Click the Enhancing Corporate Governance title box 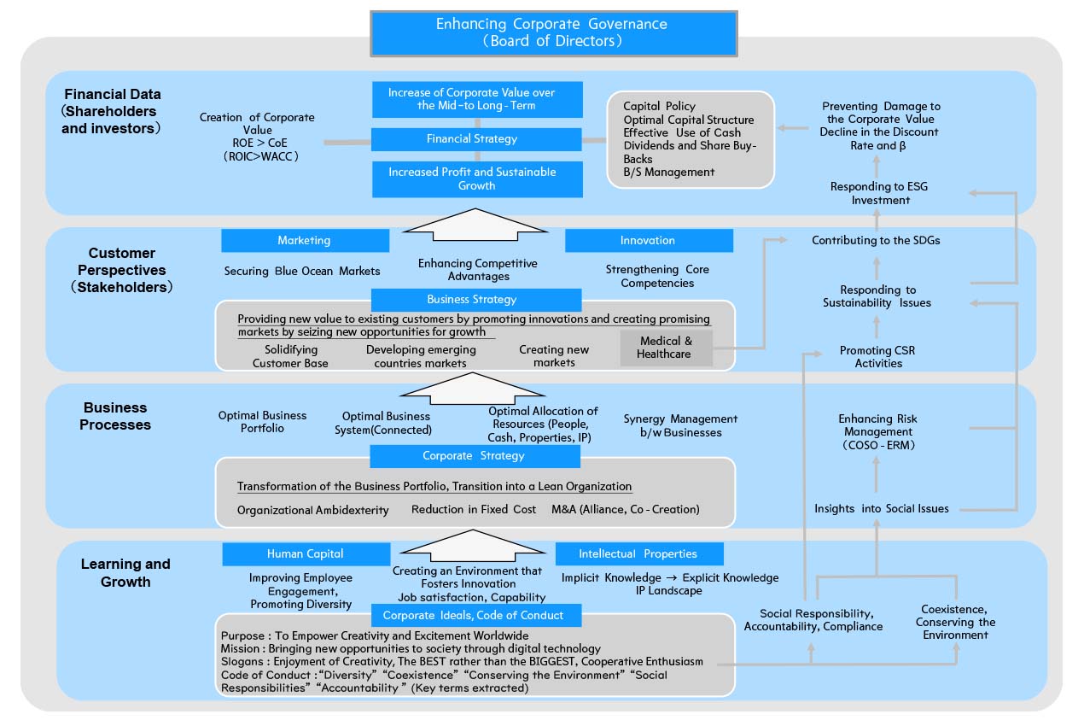[x=553, y=32]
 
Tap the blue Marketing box [x=304, y=241]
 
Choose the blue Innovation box [x=648, y=241]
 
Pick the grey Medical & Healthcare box [x=665, y=348]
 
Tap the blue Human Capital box [x=306, y=553]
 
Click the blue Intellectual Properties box [x=638, y=553]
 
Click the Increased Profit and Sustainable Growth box [x=477, y=179]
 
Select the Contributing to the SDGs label [x=876, y=241]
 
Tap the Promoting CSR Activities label [x=878, y=357]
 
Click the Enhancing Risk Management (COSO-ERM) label [x=877, y=431]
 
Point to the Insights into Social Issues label [x=881, y=509]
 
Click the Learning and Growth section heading [x=125, y=573]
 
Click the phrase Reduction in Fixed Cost [x=474, y=510]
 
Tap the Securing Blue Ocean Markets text [x=302, y=271]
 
